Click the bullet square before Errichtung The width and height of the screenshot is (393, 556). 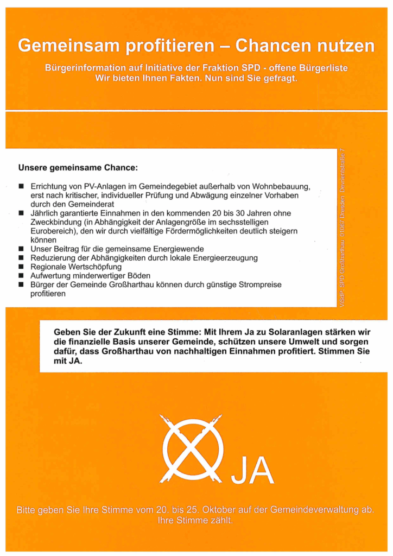(x=21, y=186)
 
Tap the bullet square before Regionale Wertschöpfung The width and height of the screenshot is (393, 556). (x=21, y=267)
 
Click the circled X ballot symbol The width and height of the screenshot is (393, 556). (x=193, y=447)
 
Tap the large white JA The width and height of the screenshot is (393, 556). (x=252, y=472)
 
